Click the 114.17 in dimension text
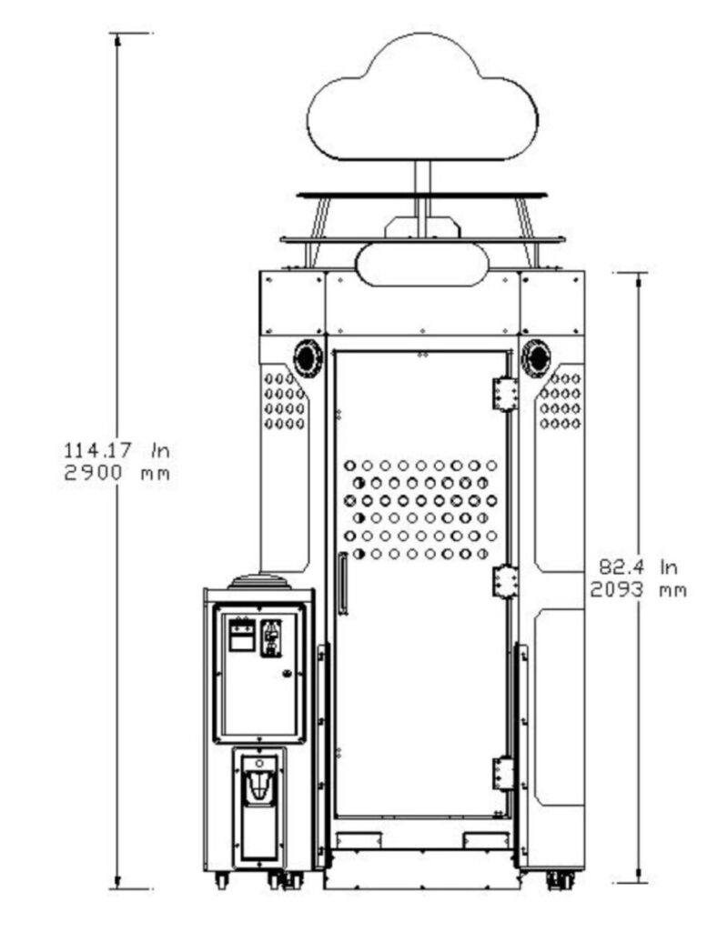[x=117, y=449]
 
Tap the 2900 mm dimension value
[x=117, y=473]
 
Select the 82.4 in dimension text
[x=638, y=566]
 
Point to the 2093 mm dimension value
[x=638, y=590]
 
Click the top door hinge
[x=505, y=394]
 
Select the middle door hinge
[x=505, y=582]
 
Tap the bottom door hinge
[x=504, y=773]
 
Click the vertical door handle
[x=343, y=584]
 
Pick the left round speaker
[x=308, y=358]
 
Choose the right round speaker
[x=536, y=358]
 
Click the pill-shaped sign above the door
[x=422, y=265]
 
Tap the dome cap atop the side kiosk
[x=259, y=582]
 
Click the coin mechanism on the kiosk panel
[x=272, y=638]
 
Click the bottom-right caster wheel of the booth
[x=561, y=880]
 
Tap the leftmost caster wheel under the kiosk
[x=222, y=881]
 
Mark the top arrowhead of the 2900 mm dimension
[x=117, y=40]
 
